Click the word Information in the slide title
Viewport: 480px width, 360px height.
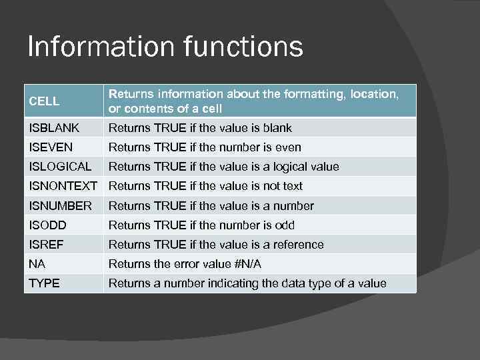click(x=92, y=47)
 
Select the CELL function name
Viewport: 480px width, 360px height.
click(x=44, y=101)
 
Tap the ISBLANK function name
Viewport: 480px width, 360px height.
click(x=54, y=128)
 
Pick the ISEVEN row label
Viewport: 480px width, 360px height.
click(x=51, y=147)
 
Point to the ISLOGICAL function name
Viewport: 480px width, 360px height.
click(x=60, y=167)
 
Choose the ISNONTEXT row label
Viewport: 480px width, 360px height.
click(x=63, y=186)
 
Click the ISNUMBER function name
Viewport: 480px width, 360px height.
click(x=60, y=206)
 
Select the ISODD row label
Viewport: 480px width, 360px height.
click(x=47, y=225)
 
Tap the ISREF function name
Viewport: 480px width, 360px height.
click(x=46, y=245)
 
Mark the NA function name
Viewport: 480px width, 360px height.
click(x=37, y=264)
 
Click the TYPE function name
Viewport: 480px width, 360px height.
click(x=44, y=283)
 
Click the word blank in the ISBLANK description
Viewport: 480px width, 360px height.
click(x=277, y=128)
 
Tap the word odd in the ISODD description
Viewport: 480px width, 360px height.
click(x=285, y=225)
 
